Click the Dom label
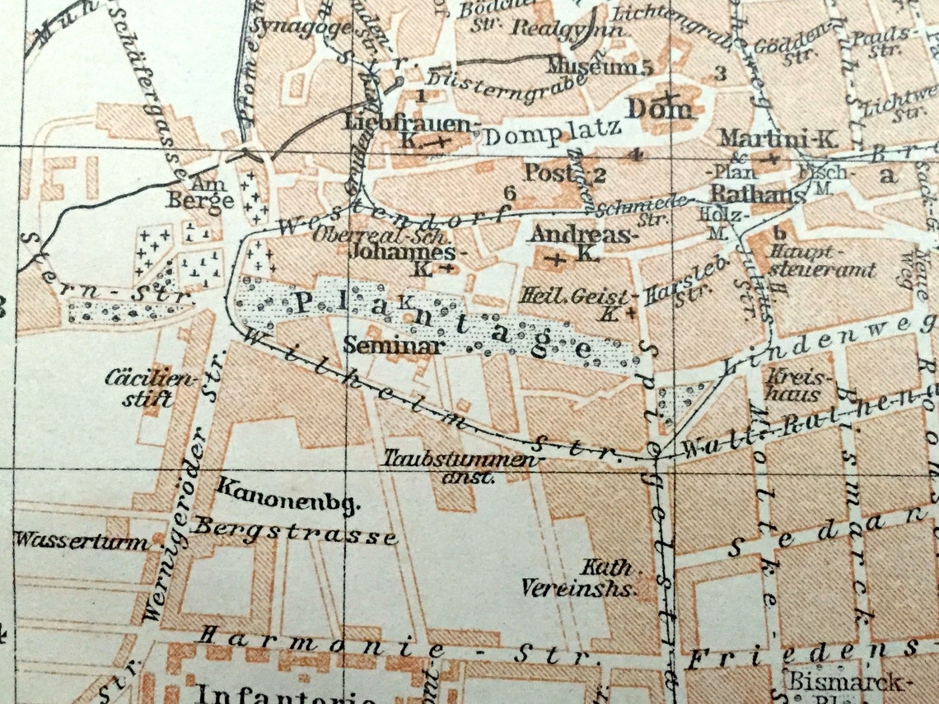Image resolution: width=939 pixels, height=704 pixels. coord(660,108)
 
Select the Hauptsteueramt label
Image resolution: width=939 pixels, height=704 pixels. coord(824,260)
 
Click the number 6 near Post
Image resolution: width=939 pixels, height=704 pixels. coord(509,193)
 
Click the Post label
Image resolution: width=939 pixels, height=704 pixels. coord(549,173)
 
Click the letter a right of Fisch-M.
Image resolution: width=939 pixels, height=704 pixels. coord(886,175)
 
